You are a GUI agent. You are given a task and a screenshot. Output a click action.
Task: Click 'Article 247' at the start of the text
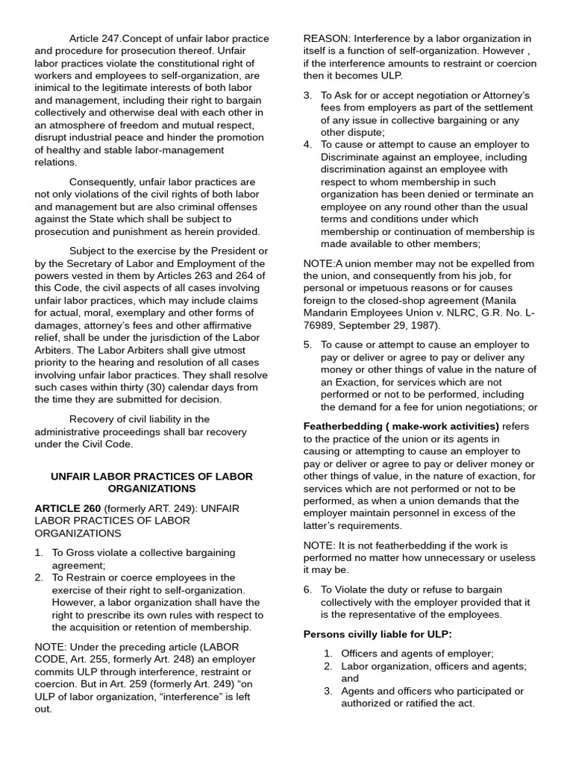[95, 38]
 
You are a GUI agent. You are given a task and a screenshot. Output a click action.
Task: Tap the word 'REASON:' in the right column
[327, 38]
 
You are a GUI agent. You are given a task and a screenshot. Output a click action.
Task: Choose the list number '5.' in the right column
[307, 345]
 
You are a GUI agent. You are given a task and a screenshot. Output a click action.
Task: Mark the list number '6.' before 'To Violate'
[307, 589]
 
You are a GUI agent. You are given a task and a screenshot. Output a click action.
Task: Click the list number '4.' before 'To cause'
[307, 145]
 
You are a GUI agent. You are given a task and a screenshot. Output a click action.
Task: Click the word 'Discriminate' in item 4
[354, 157]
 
